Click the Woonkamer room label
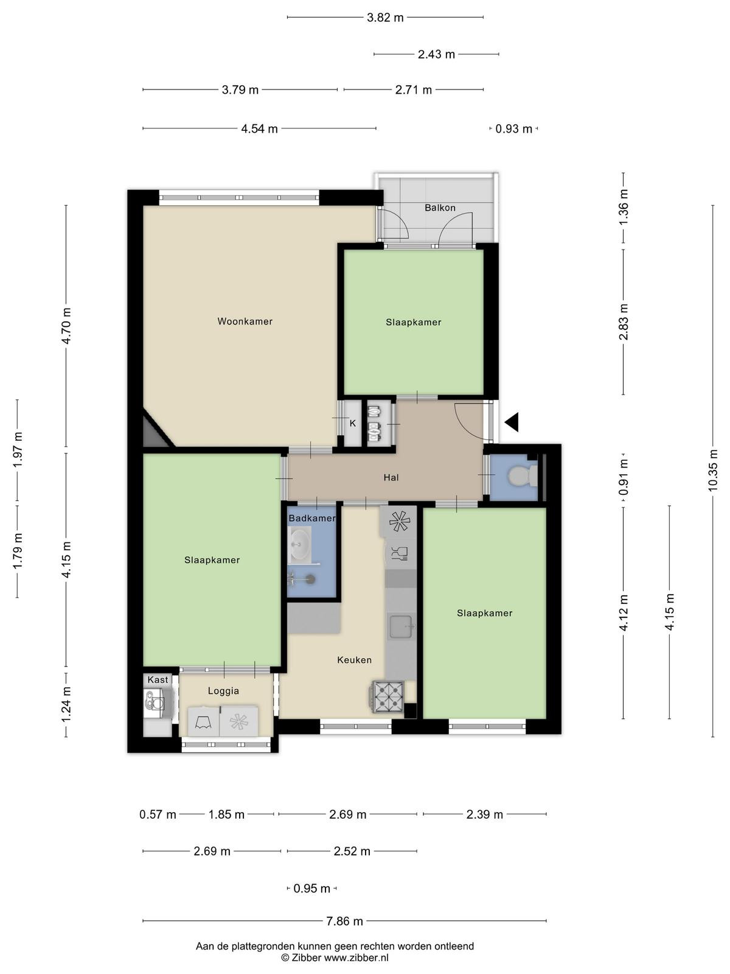tap(245, 321)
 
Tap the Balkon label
tap(440, 208)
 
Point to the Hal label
tap(391, 477)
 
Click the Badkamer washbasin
tap(300, 545)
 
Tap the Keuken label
tap(354, 660)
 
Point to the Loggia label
tap(223, 691)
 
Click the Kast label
tap(158, 680)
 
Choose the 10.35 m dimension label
tap(712, 471)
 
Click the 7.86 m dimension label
tap(344, 922)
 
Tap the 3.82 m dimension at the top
tap(385, 18)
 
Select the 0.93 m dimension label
tap(513, 129)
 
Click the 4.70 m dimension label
tap(66, 326)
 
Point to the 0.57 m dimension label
tap(158, 815)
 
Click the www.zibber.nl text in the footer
tap(356, 958)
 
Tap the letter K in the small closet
tap(353, 423)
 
